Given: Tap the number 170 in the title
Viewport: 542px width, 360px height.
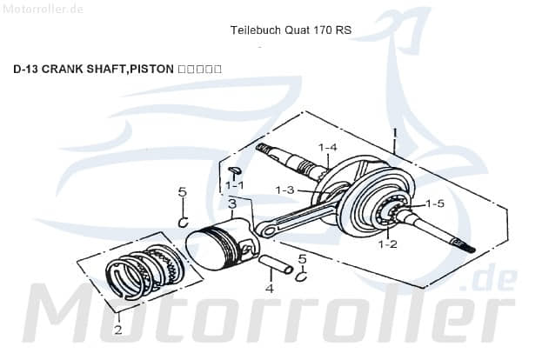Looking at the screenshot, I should (321, 30).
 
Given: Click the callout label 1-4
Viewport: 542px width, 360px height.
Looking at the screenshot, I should (327, 147).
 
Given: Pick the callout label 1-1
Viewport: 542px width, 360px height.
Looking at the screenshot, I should (234, 185).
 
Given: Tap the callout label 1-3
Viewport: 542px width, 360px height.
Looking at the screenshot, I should (285, 190).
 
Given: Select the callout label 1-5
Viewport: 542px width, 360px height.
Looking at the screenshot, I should (434, 203).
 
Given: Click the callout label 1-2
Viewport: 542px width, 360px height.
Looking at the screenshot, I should (387, 244).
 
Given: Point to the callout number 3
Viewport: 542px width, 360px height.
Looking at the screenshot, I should (231, 203).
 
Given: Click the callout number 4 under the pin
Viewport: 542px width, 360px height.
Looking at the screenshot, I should (270, 288).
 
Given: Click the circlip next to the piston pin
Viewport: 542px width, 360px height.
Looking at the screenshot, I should (300, 277).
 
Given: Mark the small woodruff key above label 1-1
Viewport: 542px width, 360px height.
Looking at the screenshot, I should (235, 170).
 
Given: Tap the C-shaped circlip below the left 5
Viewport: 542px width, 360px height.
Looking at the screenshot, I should (184, 222).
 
